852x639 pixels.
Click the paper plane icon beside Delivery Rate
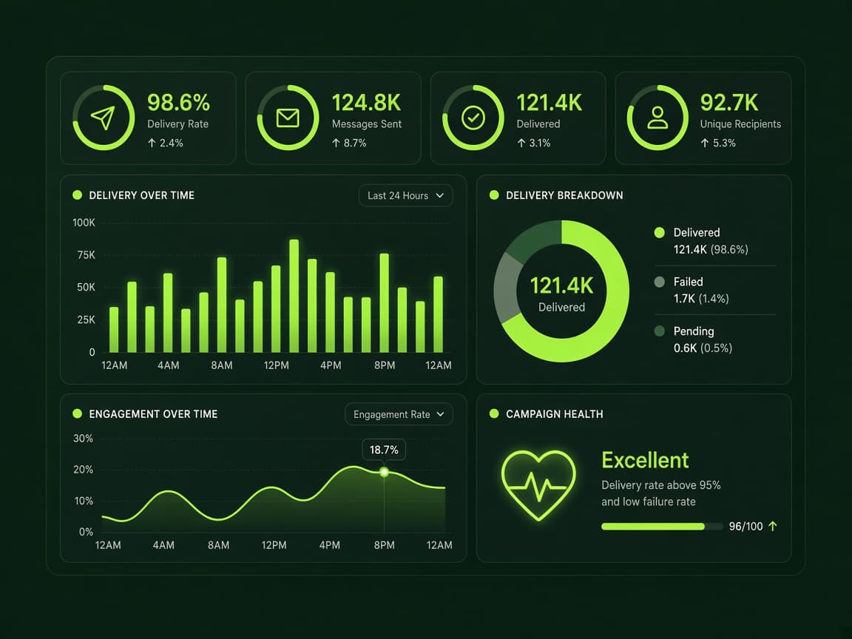(x=103, y=118)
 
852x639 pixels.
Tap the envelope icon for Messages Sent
(x=288, y=118)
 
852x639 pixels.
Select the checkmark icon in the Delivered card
(x=473, y=118)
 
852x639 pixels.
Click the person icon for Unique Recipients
(x=657, y=118)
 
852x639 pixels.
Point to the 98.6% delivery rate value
(x=178, y=103)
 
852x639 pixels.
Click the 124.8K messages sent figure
(x=366, y=103)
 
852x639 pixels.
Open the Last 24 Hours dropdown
(x=405, y=195)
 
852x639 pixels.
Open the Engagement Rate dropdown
(x=399, y=415)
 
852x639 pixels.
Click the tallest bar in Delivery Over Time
(x=294, y=296)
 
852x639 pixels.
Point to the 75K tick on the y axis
(x=86, y=255)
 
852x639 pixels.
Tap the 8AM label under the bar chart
(x=222, y=365)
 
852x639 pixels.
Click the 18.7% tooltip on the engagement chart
(x=384, y=450)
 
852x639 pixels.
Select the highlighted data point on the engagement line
(x=384, y=472)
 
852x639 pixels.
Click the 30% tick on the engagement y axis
(x=83, y=439)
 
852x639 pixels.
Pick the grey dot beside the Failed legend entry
(x=660, y=282)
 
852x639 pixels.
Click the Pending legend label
(x=694, y=331)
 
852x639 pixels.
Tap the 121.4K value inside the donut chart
(x=561, y=285)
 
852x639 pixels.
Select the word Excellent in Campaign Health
(x=645, y=460)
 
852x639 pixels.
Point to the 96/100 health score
(x=745, y=526)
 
